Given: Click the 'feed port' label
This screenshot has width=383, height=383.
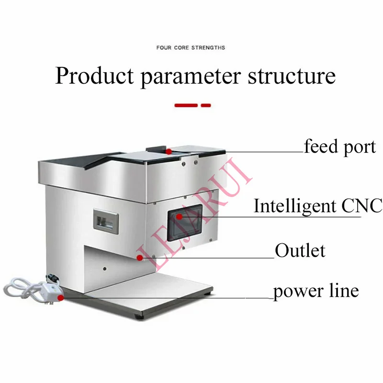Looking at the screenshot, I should click(340, 146).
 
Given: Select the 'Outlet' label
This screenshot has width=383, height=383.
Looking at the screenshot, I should click(300, 250).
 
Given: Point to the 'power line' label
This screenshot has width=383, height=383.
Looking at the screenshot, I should click(316, 291).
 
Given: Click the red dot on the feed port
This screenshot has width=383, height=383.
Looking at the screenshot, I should click(169, 151).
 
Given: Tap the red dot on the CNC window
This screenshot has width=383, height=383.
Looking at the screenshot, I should click(179, 217).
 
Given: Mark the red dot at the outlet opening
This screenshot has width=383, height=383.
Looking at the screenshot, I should click(139, 258).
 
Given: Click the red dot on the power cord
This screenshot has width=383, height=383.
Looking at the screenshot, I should click(61, 297).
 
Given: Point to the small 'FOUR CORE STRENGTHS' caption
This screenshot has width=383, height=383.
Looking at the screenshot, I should click(191, 48).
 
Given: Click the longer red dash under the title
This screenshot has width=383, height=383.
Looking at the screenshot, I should click(186, 105).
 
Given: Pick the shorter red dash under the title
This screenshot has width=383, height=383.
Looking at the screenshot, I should click(205, 105).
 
